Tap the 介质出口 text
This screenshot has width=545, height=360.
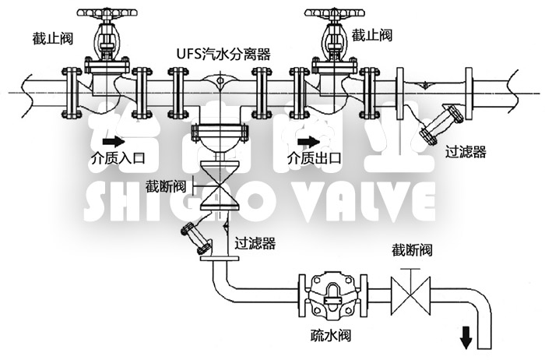pos(315,158)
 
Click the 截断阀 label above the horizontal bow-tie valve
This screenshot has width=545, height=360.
pos(412,251)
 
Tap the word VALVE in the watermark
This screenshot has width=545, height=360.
pos(365,203)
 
